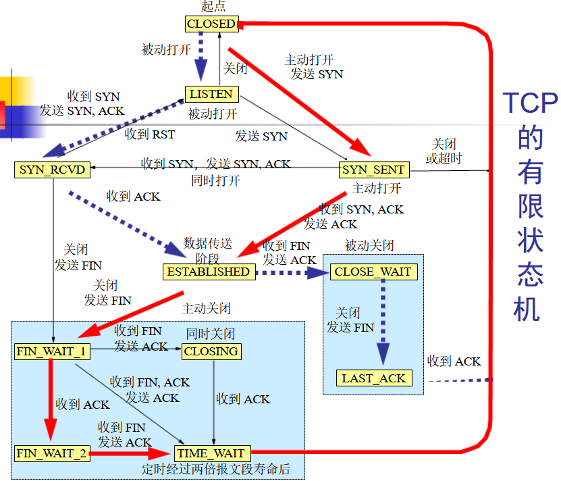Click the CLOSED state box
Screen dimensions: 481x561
pyautogui.click(x=211, y=24)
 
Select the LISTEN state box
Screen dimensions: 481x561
pyautogui.click(x=211, y=94)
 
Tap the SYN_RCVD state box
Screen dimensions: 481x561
pyautogui.click(x=53, y=170)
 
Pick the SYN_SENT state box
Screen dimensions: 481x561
pyautogui.click(x=373, y=170)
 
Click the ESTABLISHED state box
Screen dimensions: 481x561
pyautogui.click(x=209, y=272)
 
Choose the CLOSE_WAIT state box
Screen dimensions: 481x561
pyautogui.click(x=373, y=272)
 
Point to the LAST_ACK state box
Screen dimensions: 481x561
pyautogui.click(x=373, y=378)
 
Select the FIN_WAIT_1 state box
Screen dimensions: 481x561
pyautogui.click(x=51, y=351)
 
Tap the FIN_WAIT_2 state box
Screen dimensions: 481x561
pyautogui.click(x=51, y=453)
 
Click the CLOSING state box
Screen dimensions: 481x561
pyautogui.click(x=211, y=351)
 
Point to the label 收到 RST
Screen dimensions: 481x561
pyautogui.click(x=149, y=134)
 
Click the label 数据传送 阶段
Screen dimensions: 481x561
pyautogui.click(x=207, y=249)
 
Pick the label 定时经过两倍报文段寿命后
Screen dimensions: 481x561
pyautogui.click(x=216, y=469)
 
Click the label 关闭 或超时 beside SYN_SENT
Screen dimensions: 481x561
pyautogui.click(x=444, y=151)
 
